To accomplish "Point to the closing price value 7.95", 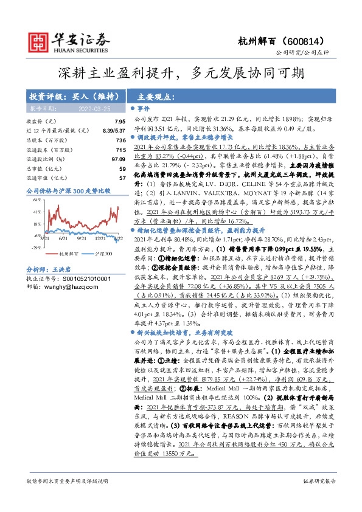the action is coord(120,122).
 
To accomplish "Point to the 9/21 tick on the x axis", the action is coord(83,239).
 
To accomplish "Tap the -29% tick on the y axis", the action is coord(37,247).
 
